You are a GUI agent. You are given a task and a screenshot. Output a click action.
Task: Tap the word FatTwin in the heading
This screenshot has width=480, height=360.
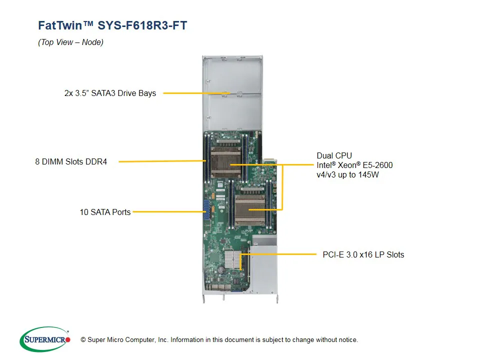(60, 25)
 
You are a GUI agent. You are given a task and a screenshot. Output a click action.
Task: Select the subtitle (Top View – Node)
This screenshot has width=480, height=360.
(70, 42)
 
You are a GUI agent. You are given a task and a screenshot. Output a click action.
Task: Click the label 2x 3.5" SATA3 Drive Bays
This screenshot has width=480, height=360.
(110, 93)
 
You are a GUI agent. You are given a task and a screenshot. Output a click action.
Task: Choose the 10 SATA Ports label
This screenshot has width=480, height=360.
(105, 212)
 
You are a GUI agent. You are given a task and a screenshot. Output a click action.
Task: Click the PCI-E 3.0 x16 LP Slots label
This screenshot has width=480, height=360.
(363, 254)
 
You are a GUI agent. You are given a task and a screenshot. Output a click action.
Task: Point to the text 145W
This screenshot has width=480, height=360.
(369, 175)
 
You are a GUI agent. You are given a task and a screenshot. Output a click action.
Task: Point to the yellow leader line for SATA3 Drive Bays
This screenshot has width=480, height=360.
(195, 93)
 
